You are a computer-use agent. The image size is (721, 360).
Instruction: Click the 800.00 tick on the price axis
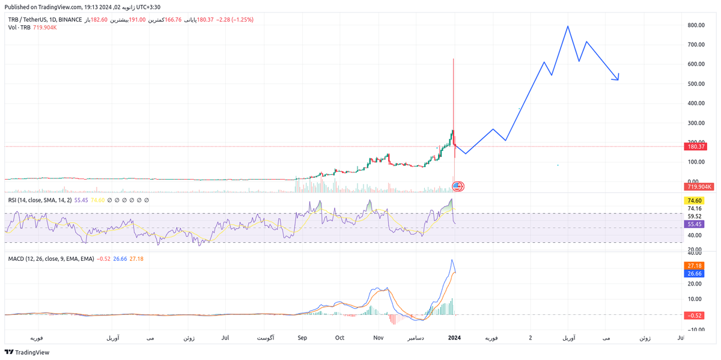tap(696, 25)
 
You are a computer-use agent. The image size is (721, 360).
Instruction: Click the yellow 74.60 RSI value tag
tap(695, 201)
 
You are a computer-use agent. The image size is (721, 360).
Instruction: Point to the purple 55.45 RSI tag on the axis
tap(695, 224)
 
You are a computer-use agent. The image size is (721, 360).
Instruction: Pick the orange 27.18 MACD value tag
tap(695, 265)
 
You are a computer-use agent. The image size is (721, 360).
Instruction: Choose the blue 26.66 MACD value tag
tap(695, 273)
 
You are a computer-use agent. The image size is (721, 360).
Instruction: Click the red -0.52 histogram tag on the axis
tap(695, 315)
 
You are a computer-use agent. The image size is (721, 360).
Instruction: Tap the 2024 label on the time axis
tap(455, 338)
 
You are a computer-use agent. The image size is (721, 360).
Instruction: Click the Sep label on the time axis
tap(302, 338)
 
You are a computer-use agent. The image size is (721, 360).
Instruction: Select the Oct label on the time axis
tap(340, 338)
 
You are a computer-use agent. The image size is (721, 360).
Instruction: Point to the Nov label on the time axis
tap(378, 338)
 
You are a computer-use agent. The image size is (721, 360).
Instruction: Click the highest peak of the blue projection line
tap(567, 26)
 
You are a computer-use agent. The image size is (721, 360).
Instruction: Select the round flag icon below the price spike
tap(457, 186)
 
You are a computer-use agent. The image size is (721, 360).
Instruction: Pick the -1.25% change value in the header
tap(243, 20)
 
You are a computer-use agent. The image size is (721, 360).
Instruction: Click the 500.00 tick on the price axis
tap(696, 84)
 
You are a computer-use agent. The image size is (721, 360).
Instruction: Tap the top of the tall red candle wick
tap(453, 59)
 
